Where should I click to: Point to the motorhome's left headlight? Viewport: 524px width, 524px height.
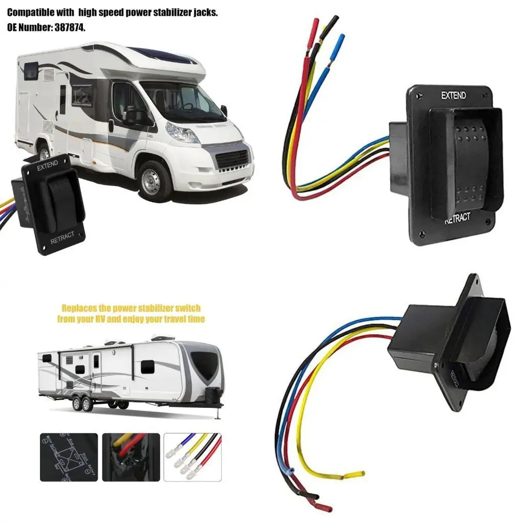click(181, 134)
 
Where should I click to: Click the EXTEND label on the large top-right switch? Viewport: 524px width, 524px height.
click(453, 95)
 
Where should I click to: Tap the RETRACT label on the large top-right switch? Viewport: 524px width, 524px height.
click(457, 217)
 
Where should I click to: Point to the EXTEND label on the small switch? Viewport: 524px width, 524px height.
click(47, 163)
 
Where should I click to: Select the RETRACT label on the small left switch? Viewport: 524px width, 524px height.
click(62, 237)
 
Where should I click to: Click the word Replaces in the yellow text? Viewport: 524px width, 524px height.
click(80, 308)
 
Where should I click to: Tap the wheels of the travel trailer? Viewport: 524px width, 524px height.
click(82, 404)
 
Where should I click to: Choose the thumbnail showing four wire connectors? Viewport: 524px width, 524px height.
click(192, 457)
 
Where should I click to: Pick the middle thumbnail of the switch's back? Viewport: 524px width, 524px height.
click(130, 457)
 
